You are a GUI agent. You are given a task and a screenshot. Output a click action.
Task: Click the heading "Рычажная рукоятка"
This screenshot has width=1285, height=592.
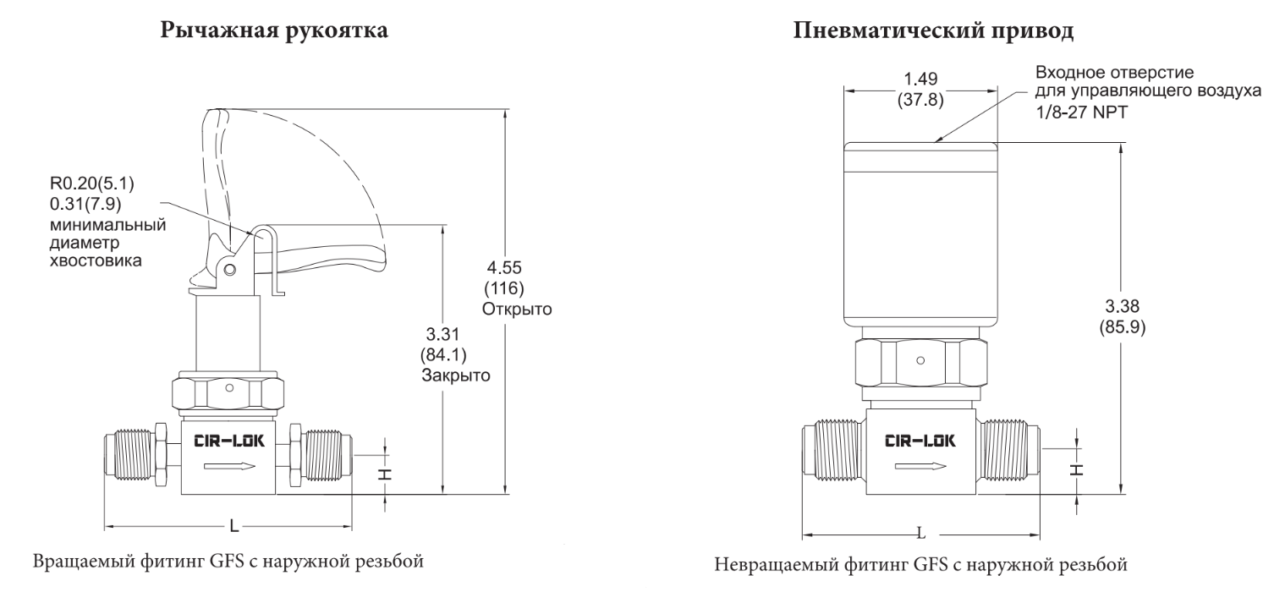(273, 30)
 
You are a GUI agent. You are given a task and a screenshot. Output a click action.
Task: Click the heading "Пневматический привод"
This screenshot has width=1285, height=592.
(933, 30)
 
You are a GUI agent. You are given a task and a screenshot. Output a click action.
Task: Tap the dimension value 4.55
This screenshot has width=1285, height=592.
(504, 267)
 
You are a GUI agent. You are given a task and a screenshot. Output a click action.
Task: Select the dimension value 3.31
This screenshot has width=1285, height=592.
(443, 334)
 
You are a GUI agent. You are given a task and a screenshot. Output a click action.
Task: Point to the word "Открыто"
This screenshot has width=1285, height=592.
(516, 310)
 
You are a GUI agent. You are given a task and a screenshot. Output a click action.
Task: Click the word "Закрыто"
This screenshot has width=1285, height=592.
(455, 375)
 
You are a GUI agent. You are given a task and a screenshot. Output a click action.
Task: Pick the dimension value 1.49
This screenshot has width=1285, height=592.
(920, 79)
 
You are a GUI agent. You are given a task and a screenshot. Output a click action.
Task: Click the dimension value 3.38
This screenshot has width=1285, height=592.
(1122, 306)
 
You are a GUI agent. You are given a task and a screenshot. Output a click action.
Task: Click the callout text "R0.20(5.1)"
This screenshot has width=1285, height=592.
(91, 184)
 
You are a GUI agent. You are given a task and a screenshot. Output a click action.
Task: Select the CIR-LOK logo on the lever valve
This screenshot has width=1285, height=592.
(229, 441)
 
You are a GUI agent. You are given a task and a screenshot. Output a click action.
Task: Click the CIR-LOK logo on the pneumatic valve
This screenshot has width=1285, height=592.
(920, 441)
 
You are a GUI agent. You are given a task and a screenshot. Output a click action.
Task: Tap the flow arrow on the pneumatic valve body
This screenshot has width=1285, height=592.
(920, 466)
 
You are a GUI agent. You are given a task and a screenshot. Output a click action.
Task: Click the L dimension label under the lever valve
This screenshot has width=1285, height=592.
(234, 525)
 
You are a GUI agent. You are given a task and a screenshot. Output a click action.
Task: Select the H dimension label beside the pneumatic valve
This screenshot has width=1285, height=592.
(1078, 470)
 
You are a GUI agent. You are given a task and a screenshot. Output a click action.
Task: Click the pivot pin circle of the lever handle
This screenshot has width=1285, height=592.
(230, 270)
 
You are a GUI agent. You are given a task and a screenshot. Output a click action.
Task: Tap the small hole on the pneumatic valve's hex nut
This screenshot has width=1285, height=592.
(920, 361)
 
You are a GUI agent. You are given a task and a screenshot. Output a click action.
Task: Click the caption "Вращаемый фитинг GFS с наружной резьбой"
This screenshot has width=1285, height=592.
(228, 561)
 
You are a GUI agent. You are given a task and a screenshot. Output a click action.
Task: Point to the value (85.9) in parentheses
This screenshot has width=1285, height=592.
(1122, 327)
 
